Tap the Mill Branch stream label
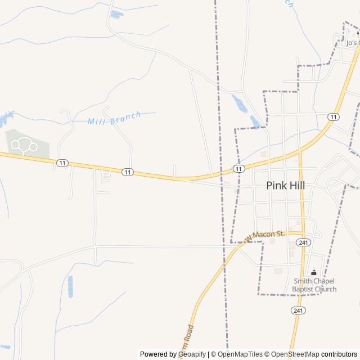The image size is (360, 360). (x=114, y=120)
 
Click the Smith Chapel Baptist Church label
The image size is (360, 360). (x=314, y=285)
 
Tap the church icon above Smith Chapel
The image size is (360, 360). (x=314, y=273)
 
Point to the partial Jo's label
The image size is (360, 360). (x=353, y=43)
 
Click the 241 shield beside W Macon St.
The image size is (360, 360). (x=304, y=242)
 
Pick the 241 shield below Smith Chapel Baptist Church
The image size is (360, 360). (x=298, y=310)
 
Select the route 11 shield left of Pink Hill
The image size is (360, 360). (x=239, y=168)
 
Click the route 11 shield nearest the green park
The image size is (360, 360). (x=62, y=163)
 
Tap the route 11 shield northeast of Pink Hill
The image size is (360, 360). (x=334, y=116)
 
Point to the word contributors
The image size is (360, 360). (x=339, y=354)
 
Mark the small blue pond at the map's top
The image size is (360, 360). (x=116, y=14)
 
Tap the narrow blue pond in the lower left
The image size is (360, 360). (x=70, y=286)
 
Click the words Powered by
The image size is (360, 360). (x=157, y=354)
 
